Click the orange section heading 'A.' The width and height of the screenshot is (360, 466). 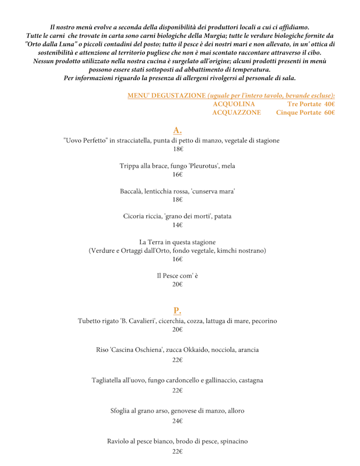point(177,131)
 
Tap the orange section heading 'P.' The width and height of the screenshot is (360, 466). point(177,310)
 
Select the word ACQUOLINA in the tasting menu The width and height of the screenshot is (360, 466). point(234,104)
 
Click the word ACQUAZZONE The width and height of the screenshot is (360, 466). point(236,113)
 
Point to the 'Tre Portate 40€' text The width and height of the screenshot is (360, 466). point(311,104)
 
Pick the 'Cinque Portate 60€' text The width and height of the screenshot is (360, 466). point(305,113)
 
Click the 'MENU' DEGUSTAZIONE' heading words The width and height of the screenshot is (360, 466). point(166,96)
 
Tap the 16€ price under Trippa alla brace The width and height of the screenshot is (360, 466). point(178,174)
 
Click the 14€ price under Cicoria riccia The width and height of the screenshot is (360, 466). point(178,225)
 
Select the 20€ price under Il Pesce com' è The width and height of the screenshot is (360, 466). point(178,285)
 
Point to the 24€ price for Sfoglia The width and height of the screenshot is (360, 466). point(178,421)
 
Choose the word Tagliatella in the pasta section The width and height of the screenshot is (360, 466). point(109,380)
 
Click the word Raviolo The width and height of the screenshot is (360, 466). point(120,441)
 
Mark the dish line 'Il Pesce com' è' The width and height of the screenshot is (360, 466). point(178,276)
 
